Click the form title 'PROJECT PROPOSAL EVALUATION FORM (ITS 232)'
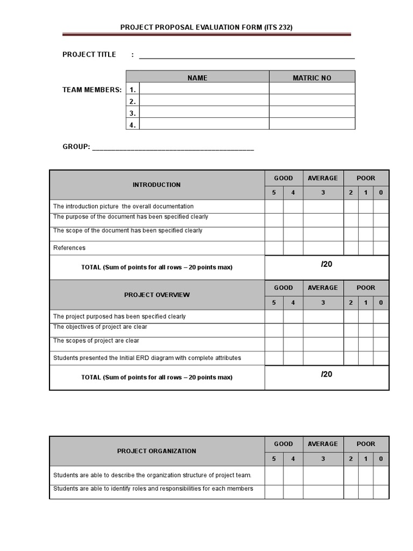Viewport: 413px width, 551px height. click(x=206, y=27)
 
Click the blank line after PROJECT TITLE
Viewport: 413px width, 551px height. click(x=247, y=55)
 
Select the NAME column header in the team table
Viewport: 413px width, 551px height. click(x=197, y=78)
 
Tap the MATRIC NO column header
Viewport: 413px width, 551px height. click(x=312, y=78)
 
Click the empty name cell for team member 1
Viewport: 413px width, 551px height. click(x=204, y=89)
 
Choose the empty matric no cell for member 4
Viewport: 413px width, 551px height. click(x=312, y=124)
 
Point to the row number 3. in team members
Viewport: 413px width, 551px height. click(x=132, y=113)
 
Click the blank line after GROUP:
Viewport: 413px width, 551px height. click(x=173, y=147)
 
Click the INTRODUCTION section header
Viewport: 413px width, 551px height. click(x=156, y=185)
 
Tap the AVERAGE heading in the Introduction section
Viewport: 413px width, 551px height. click(x=323, y=178)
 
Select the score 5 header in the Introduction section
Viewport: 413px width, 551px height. click(x=274, y=193)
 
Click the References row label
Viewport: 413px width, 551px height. click(x=69, y=248)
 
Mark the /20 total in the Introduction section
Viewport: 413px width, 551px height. click(x=326, y=264)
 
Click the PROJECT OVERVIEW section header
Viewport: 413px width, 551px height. click(x=156, y=295)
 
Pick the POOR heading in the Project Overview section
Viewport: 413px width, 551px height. click(x=366, y=288)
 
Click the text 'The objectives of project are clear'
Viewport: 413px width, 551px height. click(x=100, y=327)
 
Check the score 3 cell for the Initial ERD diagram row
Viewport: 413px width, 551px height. click(x=323, y=358)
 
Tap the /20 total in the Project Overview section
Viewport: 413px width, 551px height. click(x=326, y=374)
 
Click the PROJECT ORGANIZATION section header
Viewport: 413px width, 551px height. click(x=156, y=451)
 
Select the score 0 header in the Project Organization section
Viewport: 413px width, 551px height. click(x=381, y=459)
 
